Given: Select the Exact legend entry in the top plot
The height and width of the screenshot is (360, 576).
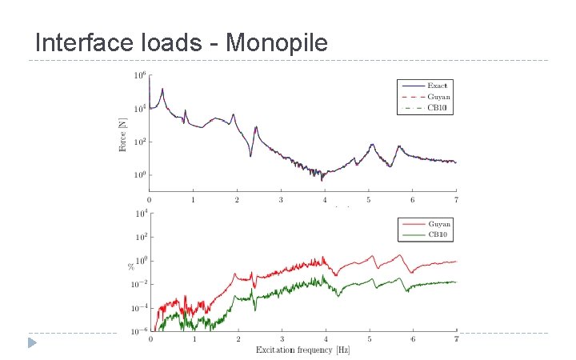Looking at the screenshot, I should pyautogui.click(x=438, y=85).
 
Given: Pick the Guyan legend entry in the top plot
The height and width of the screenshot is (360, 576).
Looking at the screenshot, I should pyautogui.click(x=438, y=96).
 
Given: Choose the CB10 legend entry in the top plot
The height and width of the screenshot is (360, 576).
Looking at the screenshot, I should pyautogui.click(x=438, y=107).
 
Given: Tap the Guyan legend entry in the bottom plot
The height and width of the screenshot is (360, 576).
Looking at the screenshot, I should pyautogui.click(x=438, y=224).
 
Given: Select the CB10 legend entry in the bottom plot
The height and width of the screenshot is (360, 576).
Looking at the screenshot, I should pyautogui.click(x=438, y=235).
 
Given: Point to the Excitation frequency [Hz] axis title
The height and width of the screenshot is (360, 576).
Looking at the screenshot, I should pyautogui.click(x=302, y=350).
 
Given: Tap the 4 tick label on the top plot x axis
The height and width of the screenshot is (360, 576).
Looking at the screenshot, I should pyautogui.click(x=324, y=199).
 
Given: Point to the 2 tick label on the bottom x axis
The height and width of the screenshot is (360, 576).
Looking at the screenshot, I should pyautogui.click(x=238, y=339).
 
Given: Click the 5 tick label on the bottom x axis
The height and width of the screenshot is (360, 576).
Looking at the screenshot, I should pyautogui.click(x=369, y=339).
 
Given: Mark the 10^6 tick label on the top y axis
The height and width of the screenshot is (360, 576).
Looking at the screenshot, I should pyautogui.click(x=140, y=76).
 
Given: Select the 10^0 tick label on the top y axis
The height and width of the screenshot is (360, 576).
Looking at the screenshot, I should pyautogui.click(x=140, y=175).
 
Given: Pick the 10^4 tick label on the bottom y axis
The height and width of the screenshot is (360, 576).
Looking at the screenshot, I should pyautogui.click(x=140, y=214).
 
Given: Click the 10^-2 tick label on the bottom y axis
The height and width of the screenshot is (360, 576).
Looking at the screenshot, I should pyautogui.click(x=138, y=284).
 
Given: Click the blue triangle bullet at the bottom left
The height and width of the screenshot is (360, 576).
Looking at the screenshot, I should pyautogui.click(x=32, y=343).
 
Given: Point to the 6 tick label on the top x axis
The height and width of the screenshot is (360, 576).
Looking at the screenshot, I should pyautogui.click(x=412, y=199).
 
